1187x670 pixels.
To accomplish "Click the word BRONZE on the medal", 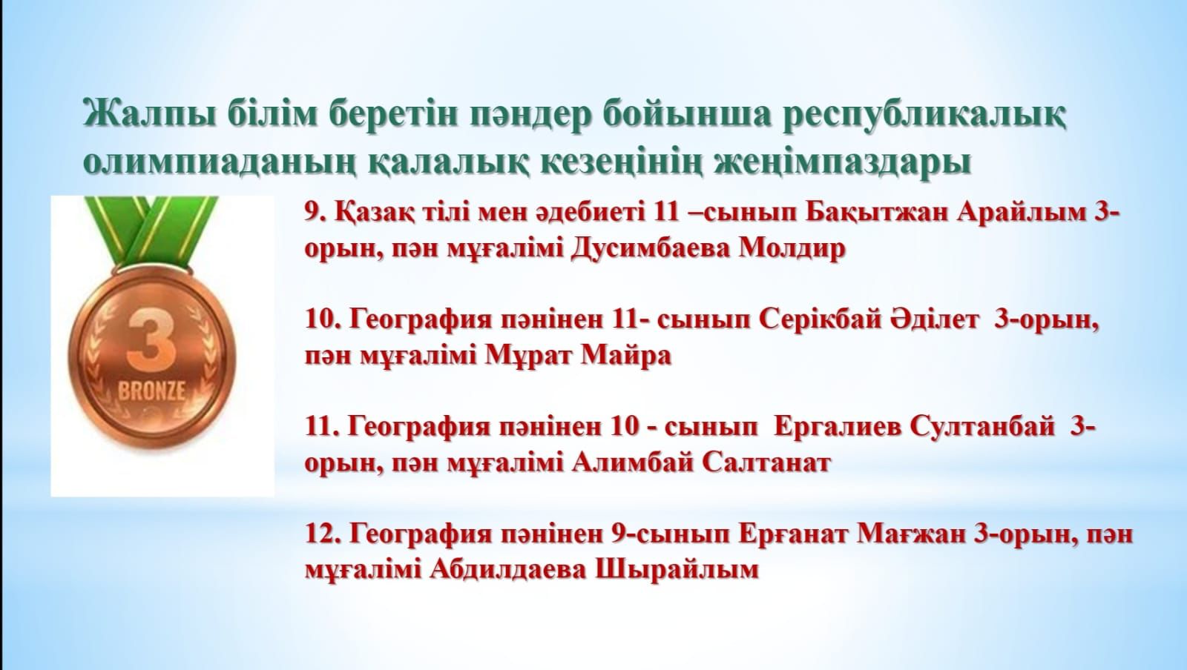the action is (x=151, y=391).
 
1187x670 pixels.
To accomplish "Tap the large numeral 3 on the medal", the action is (x=152, y=341).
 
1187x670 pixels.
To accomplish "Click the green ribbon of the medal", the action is (x=152, y=230).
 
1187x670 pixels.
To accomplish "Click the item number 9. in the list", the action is (x=316, y=213).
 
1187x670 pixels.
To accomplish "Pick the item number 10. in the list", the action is (x=323, y=319).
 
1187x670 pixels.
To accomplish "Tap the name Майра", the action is (x=626, y=356).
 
